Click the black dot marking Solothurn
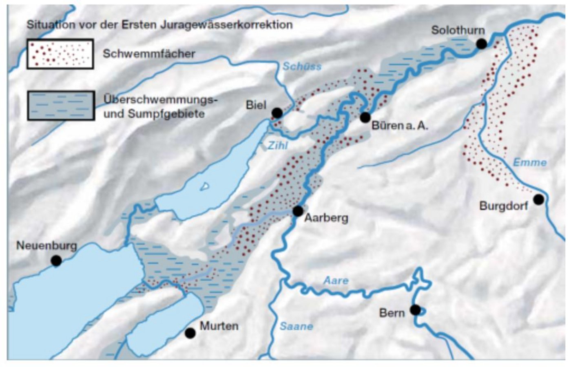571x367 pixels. tap(482, 44)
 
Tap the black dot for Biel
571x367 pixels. tap(277, 113)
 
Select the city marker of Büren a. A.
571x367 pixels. tap(365, 117)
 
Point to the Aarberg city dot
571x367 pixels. tap(298, 211)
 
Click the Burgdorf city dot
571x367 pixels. tap(538, 199)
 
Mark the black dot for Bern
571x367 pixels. tap(415, 310)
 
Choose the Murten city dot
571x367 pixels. tap(190, 333)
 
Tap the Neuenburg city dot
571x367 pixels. tap(56, 261)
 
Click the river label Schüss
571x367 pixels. tap(302, 66)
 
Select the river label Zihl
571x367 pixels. tap(277, 145)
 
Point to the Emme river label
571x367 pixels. tap(529, 162)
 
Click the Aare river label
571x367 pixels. tap(336, 281)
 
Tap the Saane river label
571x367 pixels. tap(297, 326)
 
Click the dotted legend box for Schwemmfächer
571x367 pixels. tap(60, 54)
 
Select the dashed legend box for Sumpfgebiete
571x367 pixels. tap(61, 106)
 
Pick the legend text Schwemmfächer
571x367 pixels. tap(149, 54)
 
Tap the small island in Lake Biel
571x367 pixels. tap(205, 186)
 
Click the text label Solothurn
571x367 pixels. tap(458, 30)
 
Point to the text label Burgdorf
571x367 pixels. tap(503, 206)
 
